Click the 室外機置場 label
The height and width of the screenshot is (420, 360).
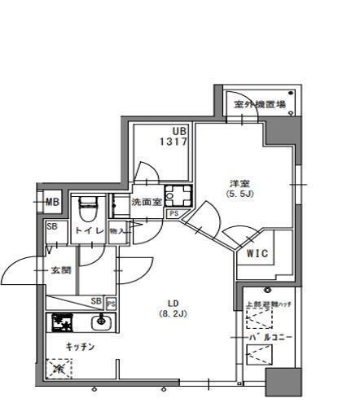(258, 104)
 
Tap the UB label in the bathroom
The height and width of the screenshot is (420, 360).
(178, 130)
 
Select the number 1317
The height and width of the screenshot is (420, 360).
(174, 141)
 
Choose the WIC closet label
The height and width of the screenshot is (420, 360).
(257, 253)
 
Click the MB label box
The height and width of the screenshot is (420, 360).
(52, 203)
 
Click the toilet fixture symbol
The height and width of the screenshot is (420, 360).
(88, 208)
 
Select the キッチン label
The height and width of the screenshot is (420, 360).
(81, 347)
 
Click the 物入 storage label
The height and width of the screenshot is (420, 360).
(117, 231)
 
